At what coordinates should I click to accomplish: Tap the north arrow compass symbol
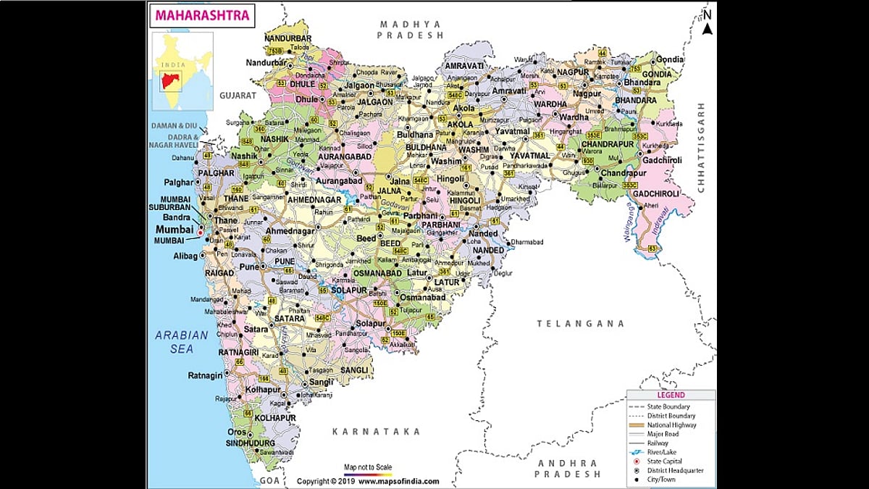[708, 22]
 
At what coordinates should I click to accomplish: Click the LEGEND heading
[670, 396]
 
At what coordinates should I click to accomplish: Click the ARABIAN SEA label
[182, 342]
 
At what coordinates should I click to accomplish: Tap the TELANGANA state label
[580, 324]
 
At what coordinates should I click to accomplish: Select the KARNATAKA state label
[376, 431]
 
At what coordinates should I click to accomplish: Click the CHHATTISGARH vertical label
[701, 147]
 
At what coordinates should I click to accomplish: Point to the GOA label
[269, 480]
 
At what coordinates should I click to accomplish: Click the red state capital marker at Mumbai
[201, 233]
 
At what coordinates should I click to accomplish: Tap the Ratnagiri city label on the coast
[204, 375]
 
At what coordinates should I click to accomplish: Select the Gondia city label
[670, 59]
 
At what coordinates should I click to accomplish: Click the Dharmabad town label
[526, 241]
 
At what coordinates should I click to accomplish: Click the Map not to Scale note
[367, 467]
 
